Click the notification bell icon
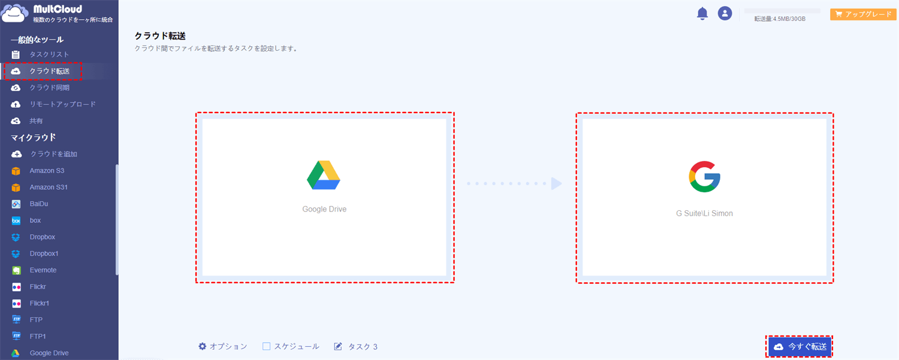click(x=702, y=14)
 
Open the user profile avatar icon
click(x=725, y=13)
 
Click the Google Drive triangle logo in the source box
click(x=324, y=175)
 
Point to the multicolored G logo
click(x=704, y=177)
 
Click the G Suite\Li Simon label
click(x=704, y=213)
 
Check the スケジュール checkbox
click(x=266, y=346)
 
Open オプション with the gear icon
click(x=223, y=346)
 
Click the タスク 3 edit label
click(x=355, y=346)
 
